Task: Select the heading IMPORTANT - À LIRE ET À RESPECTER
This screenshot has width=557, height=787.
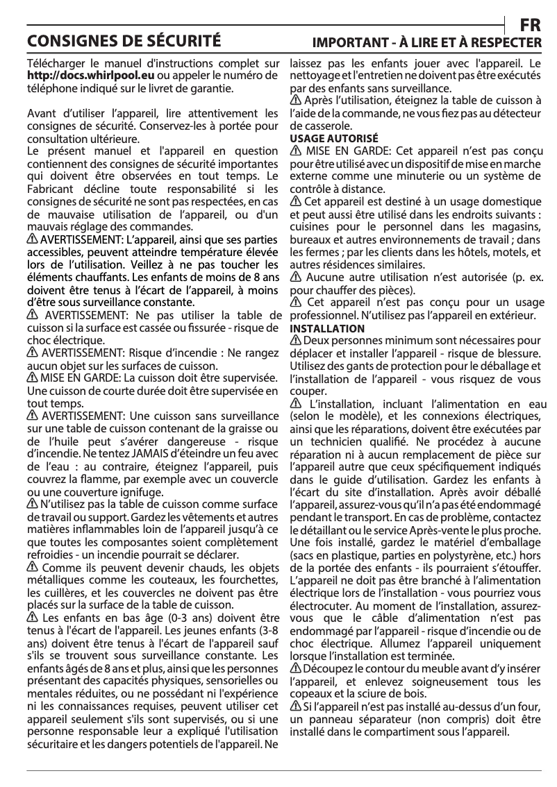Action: [426, 42]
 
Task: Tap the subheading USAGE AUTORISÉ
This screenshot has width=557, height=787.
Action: [333, 139]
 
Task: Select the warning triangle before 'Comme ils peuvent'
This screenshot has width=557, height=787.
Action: [32, 568]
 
